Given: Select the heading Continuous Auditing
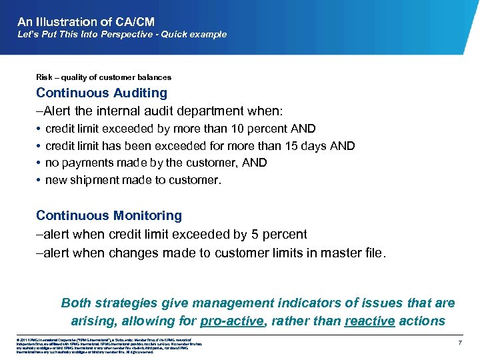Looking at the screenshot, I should coord(101,93).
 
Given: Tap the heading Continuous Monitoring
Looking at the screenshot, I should coord(109,215).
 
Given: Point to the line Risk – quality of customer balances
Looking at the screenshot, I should coord(103,77).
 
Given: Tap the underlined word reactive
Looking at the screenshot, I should coord(370,321).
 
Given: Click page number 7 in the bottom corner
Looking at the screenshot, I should coord(460,342).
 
